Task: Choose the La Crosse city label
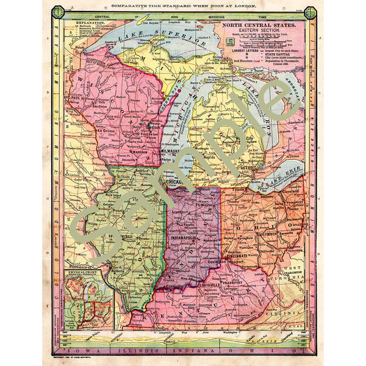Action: pyautogui.click(x=106, y=131)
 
